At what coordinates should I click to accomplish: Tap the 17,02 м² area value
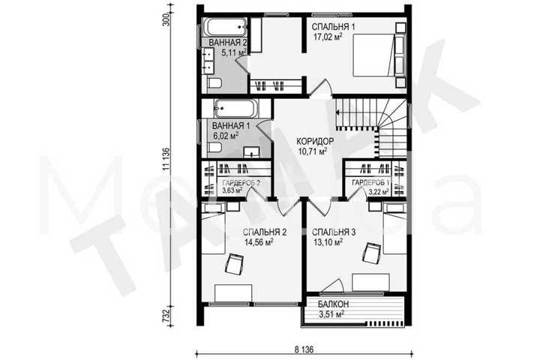pyautogui.click(x=327, y=37)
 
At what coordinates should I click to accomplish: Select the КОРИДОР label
pyautogui.click(x=315, y=142)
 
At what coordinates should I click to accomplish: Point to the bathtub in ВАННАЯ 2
pyautogui.click(x=226, y=26)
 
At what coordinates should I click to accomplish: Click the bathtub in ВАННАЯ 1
pyautogui.click(x=236, y=109)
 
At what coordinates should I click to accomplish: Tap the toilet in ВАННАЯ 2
pyautogui.click(x=214, y=84)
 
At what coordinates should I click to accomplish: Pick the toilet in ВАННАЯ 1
pyautogui.click(x=214, y=148)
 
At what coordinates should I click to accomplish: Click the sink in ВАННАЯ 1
pyautogui.click(x=251, y=151)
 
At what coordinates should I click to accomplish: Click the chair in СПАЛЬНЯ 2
pyautogui.click(x=234, y=264)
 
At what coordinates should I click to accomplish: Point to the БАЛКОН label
pyautogui.click(x=333, y=304)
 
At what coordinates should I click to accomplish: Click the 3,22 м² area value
pyautogui.click(x=379, y=191)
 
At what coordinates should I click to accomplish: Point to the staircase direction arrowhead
pyautogui.click(x=338, y=112)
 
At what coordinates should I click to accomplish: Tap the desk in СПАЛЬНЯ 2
pyautogui.click(x=233, y=293)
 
